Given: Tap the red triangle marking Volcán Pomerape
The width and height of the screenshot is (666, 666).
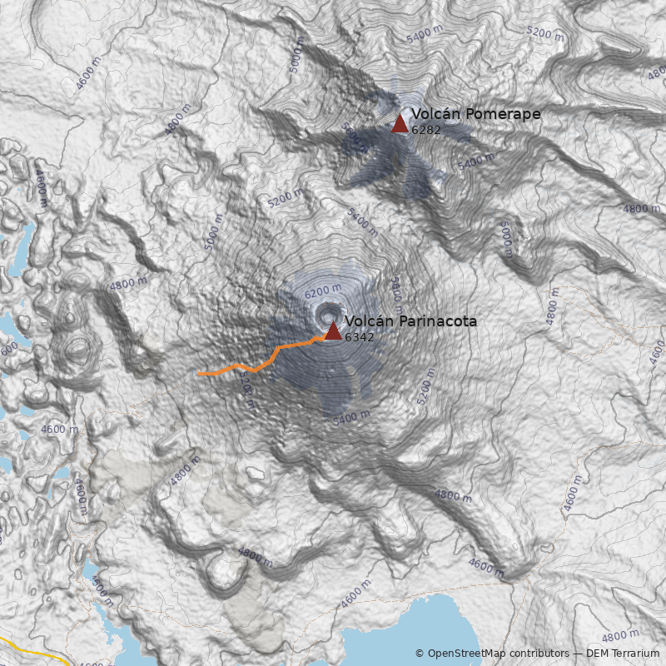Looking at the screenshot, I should point(400,124).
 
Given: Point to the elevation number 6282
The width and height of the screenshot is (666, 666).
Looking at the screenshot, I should point(426,130).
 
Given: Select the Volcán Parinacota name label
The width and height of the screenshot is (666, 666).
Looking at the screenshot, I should point(410,321).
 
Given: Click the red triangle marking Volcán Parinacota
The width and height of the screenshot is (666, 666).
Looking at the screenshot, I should point(333,331).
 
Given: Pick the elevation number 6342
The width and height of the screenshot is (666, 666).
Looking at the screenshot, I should point(359,337).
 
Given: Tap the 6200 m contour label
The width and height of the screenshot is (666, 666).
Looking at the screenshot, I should point(323,292).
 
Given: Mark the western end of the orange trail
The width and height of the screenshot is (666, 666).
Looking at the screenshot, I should point(198,375).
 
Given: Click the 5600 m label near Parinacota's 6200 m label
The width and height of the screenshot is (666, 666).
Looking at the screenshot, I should point(396,290).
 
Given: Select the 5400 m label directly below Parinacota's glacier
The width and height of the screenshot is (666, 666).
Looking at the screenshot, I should point(350,418).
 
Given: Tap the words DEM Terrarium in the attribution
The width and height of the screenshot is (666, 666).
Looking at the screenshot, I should point(623,654).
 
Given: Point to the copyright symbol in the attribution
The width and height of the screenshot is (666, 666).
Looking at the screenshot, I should point(420,654).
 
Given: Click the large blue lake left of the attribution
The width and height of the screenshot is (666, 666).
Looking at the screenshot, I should point(375,637).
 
